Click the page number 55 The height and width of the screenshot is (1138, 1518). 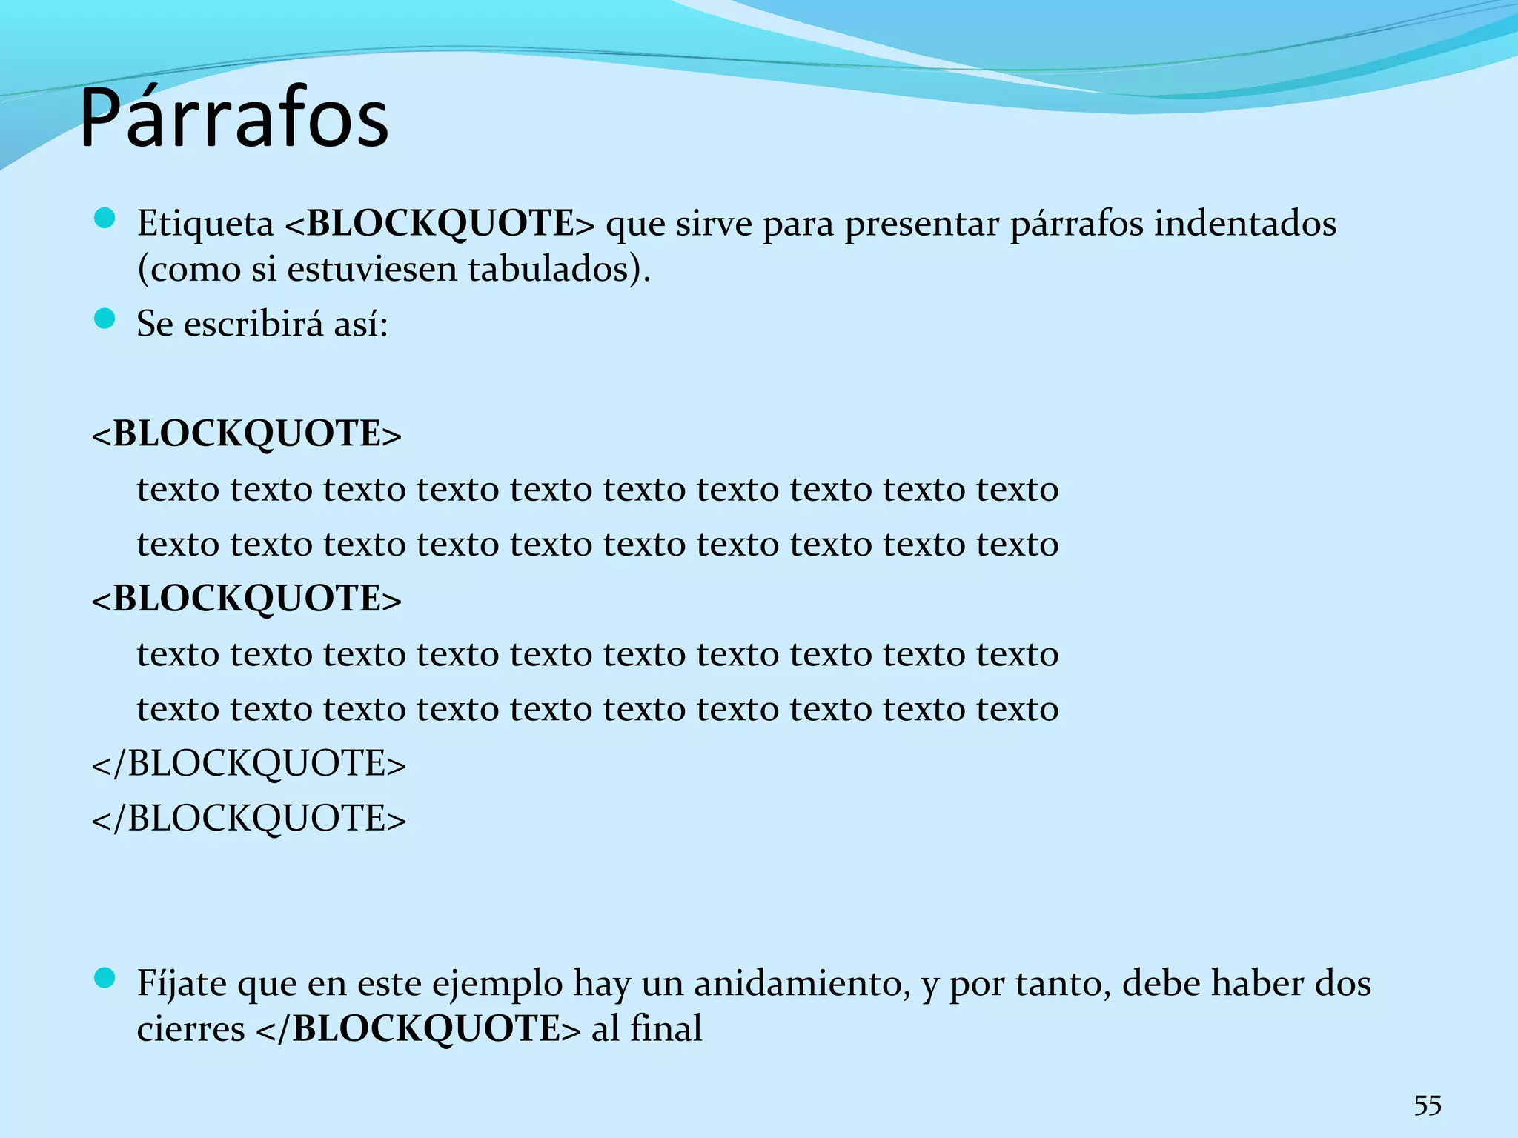tap(1428, 1105)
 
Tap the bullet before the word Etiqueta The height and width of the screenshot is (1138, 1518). tap(105, 219)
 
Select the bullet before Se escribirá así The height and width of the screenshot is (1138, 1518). tap(105, 319)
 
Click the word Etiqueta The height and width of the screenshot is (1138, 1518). tap(205, 224)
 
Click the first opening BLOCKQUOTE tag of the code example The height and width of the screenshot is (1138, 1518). tap(246, 433)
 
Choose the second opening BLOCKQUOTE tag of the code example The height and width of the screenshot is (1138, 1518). tap(246, 599)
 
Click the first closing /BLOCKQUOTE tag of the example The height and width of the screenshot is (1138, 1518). tap(249, 763)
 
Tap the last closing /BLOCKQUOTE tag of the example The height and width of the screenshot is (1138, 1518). tap(249, 819)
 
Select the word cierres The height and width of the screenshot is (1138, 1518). tap(191, 1029)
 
